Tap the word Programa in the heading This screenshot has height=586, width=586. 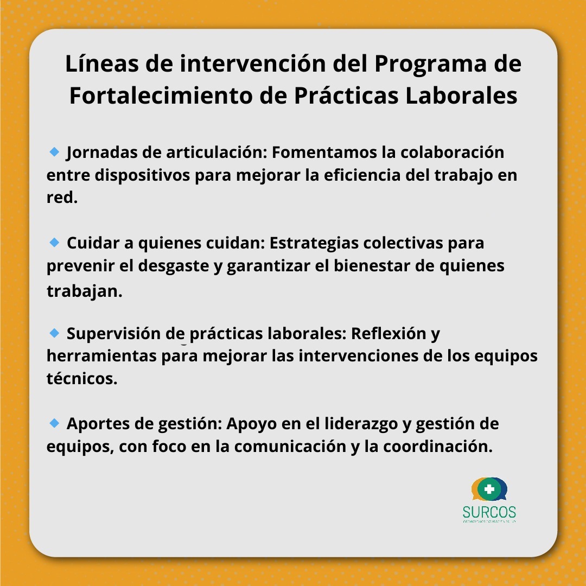[429, 64]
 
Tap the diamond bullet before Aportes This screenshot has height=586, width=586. [54, 423]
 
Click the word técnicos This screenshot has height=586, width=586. [82, 379]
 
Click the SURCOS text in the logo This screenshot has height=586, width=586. [489, 512]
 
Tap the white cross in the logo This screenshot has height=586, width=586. [489, 489]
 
